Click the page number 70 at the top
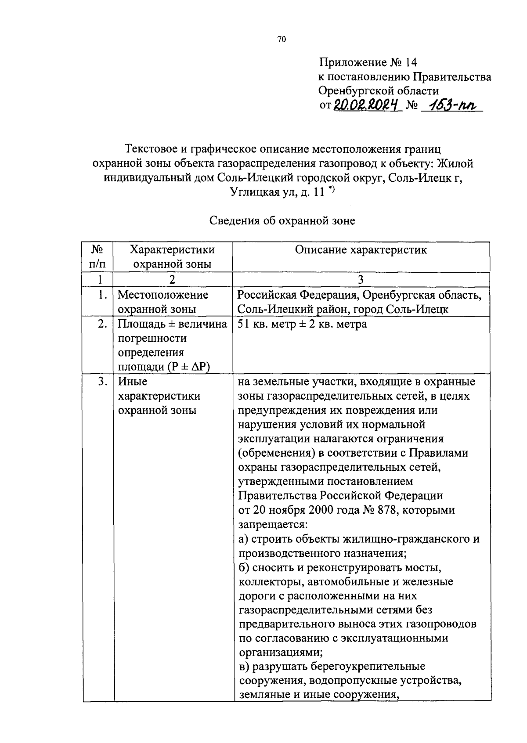click(282, 40)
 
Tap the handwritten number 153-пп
click(452, 105)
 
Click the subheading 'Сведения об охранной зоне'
click(282, 220)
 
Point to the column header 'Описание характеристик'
click(361, 250)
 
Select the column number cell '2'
click(172, 280)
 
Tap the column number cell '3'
click(361, 280)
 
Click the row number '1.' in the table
click(103, 295)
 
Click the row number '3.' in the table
click(103, 382)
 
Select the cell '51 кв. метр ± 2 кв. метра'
click(302, 325)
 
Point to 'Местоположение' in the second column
click(163, 295)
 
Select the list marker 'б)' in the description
click(244, 568)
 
